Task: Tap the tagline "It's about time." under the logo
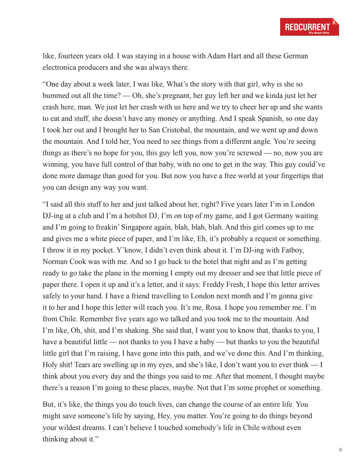[319, 33]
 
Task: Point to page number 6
[341, 450]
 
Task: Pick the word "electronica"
[59, 67]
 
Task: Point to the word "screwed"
[250, 153]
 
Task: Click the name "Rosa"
[213, 308]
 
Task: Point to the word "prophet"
[262, 388]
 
